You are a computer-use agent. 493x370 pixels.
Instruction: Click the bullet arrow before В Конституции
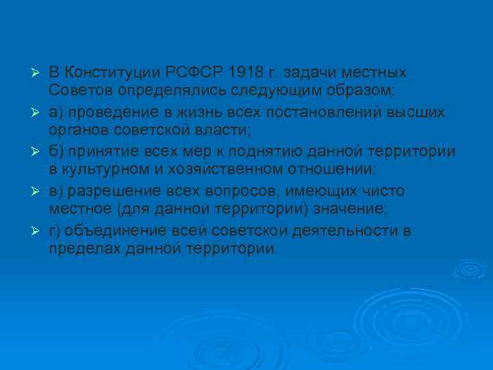[x=38, y=73]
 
